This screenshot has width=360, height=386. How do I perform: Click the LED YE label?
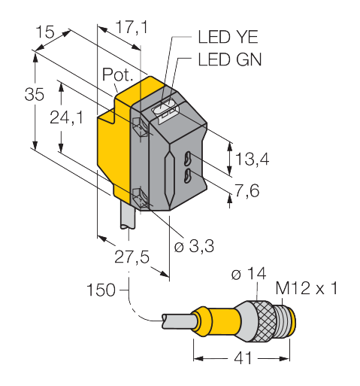228,37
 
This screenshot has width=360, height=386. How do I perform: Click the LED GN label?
230,59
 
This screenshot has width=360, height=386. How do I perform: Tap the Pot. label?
117,74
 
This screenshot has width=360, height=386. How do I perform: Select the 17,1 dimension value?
132,28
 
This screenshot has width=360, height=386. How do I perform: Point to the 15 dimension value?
45,32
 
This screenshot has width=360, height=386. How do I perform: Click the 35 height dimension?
35,95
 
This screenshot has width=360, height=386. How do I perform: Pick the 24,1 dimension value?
66,117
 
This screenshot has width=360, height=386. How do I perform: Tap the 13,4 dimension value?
253,159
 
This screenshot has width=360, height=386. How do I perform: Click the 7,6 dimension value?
247,190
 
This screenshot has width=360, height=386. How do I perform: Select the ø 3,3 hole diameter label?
195,246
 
